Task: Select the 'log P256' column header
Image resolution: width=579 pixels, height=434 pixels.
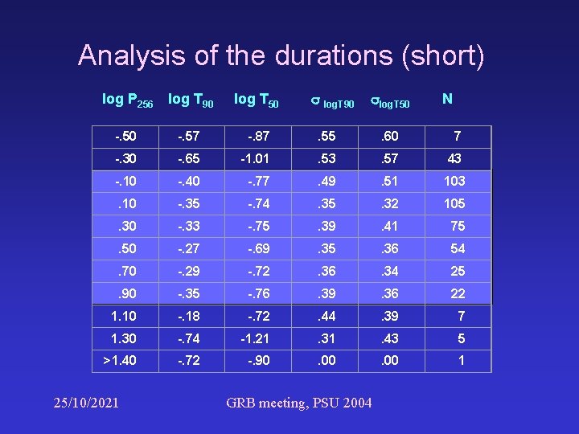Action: point(127,100)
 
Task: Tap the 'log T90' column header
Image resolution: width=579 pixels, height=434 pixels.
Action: point(191,100)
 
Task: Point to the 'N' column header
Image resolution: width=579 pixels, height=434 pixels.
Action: point(447,99)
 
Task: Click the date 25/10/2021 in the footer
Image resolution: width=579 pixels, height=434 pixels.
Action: point(84,401)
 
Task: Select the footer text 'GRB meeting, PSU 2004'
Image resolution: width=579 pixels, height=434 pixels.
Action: point(299,402)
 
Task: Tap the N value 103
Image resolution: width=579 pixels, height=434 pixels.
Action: point(454,181)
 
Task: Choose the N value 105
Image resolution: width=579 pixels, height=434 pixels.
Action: point(454,203)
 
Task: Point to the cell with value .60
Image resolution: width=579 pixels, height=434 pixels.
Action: point(390,136)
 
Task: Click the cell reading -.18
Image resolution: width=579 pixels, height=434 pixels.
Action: point(190,316)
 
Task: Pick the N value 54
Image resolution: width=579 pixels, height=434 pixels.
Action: point(458,248)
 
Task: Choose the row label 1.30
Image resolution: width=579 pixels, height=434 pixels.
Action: point(124,338)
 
